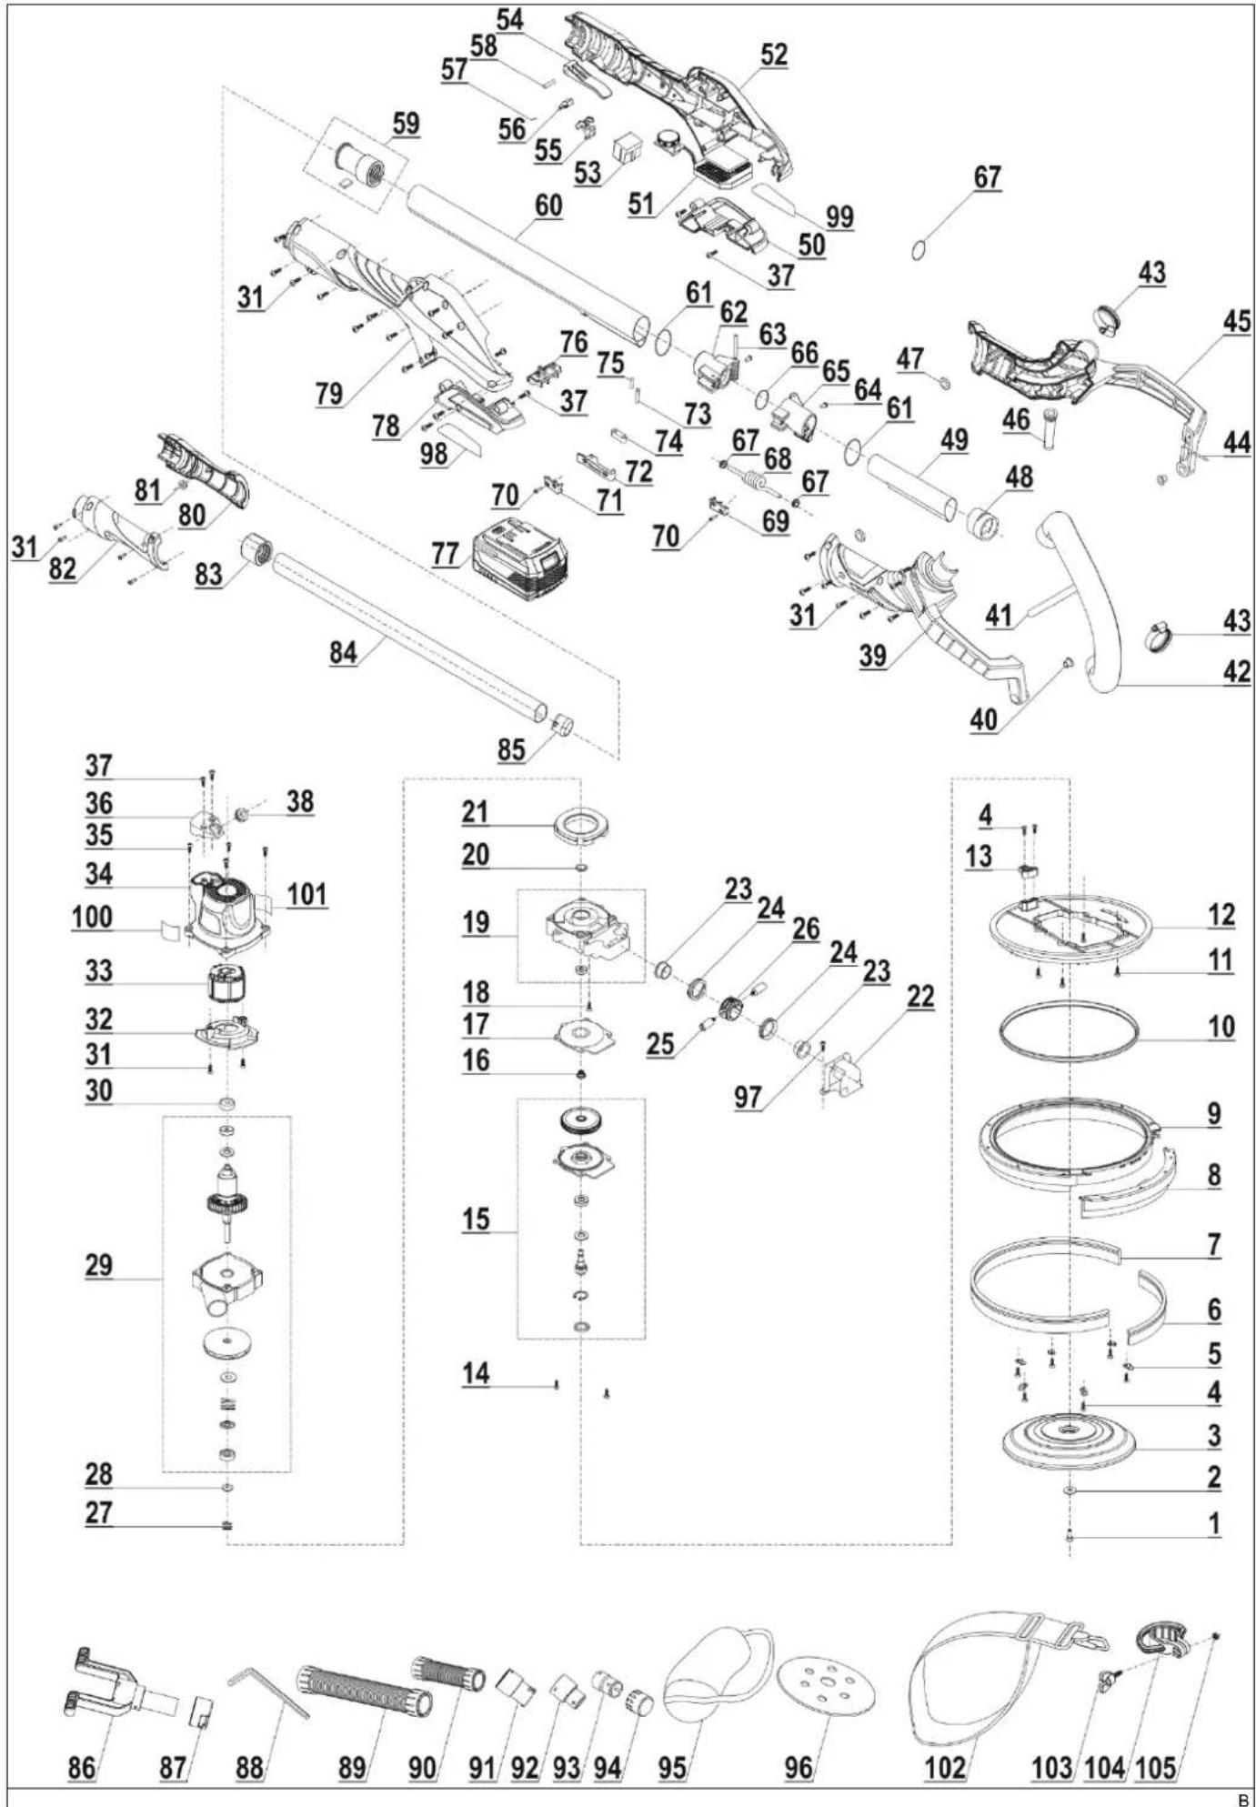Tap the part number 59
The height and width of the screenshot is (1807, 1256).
(406, 123)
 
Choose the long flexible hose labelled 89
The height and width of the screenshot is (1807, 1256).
(363, 1691)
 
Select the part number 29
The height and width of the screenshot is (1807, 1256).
(98, 1265)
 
